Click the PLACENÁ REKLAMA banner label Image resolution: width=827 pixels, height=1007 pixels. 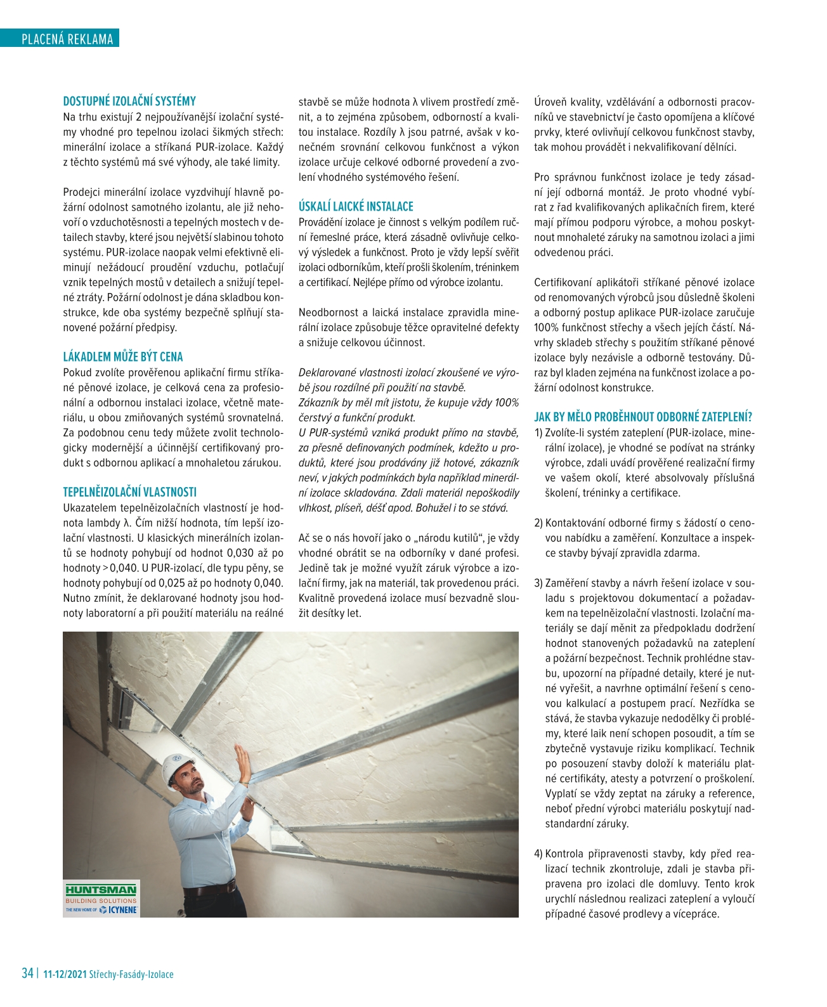click(67, 39)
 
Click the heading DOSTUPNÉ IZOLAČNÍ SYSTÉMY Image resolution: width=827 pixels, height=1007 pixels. click(129, 101)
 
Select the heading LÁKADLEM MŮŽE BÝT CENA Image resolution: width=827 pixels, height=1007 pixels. click(123, 357)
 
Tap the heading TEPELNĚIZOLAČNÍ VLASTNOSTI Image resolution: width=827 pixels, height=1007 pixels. click(129, 492)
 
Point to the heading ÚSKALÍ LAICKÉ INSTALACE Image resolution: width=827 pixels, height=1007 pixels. click(356, 207)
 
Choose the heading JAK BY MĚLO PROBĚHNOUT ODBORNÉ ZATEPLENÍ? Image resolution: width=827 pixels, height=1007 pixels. click(643, 417)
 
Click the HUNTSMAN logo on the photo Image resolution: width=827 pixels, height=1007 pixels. click(101, 890)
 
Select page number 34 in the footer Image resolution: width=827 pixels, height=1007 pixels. click(28, 973)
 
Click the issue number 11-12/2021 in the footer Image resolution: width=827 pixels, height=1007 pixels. click(65, 975)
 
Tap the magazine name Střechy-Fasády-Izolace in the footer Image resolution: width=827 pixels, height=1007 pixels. click(131, 975)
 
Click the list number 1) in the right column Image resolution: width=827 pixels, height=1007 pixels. click(538, 433)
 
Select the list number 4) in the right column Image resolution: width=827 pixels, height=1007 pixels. click(538, 854)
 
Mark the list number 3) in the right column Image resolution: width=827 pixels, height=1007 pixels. click(538, 583)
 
